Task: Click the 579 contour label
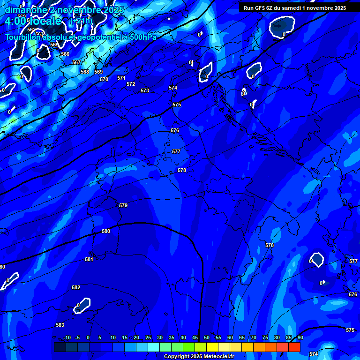(x=123, y=205)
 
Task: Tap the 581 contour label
(x=89, y=259)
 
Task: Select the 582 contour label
(x=76, y=287)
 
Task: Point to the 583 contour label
(x=60, y=325)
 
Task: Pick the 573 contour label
(x=145, y=90)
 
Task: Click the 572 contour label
(x=131, y=84)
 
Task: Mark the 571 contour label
(x=121, y=78)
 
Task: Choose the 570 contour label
(x=104, y=79)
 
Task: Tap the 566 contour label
(x=65, y=54)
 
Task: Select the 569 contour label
(x=98, y=72)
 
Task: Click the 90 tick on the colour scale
(x=300, y=337)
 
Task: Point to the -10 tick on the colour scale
(x=67, y=337)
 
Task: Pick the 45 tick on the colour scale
(x=195, y=337)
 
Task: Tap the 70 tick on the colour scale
(x=253, y=337)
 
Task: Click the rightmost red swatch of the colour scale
(x=294, y=347)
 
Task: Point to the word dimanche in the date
(x=26, y=10)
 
